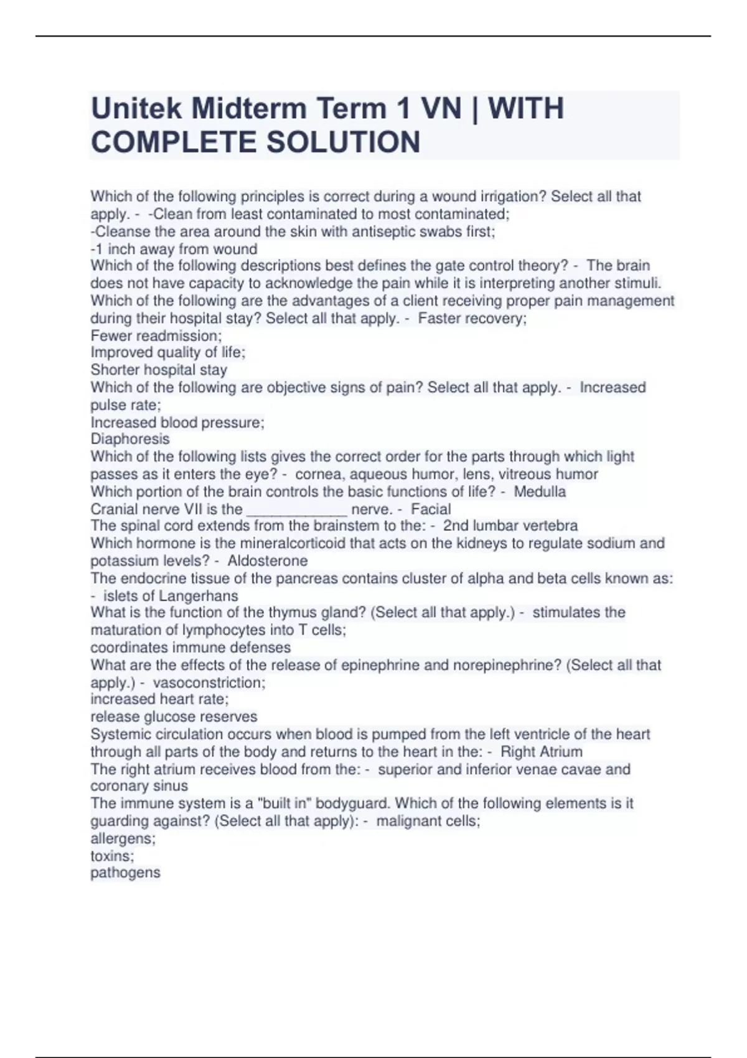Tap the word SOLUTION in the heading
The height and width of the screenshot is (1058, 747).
pos(343,142)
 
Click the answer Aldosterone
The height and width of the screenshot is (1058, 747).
pos(268,561)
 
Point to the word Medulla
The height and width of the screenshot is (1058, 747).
pos(540,492)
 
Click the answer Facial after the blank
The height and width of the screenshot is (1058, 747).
pos(431,509)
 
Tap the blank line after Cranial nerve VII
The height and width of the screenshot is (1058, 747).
pos(297,510)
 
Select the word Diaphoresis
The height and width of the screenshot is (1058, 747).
pos(130,439)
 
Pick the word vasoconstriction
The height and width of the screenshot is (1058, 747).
pos(208,683)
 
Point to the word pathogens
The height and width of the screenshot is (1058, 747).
pos(125,873)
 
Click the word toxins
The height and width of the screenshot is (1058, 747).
pos(111,856)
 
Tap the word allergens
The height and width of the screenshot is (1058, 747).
pos(122,838)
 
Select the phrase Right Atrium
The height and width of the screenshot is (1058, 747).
pos(542,752)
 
